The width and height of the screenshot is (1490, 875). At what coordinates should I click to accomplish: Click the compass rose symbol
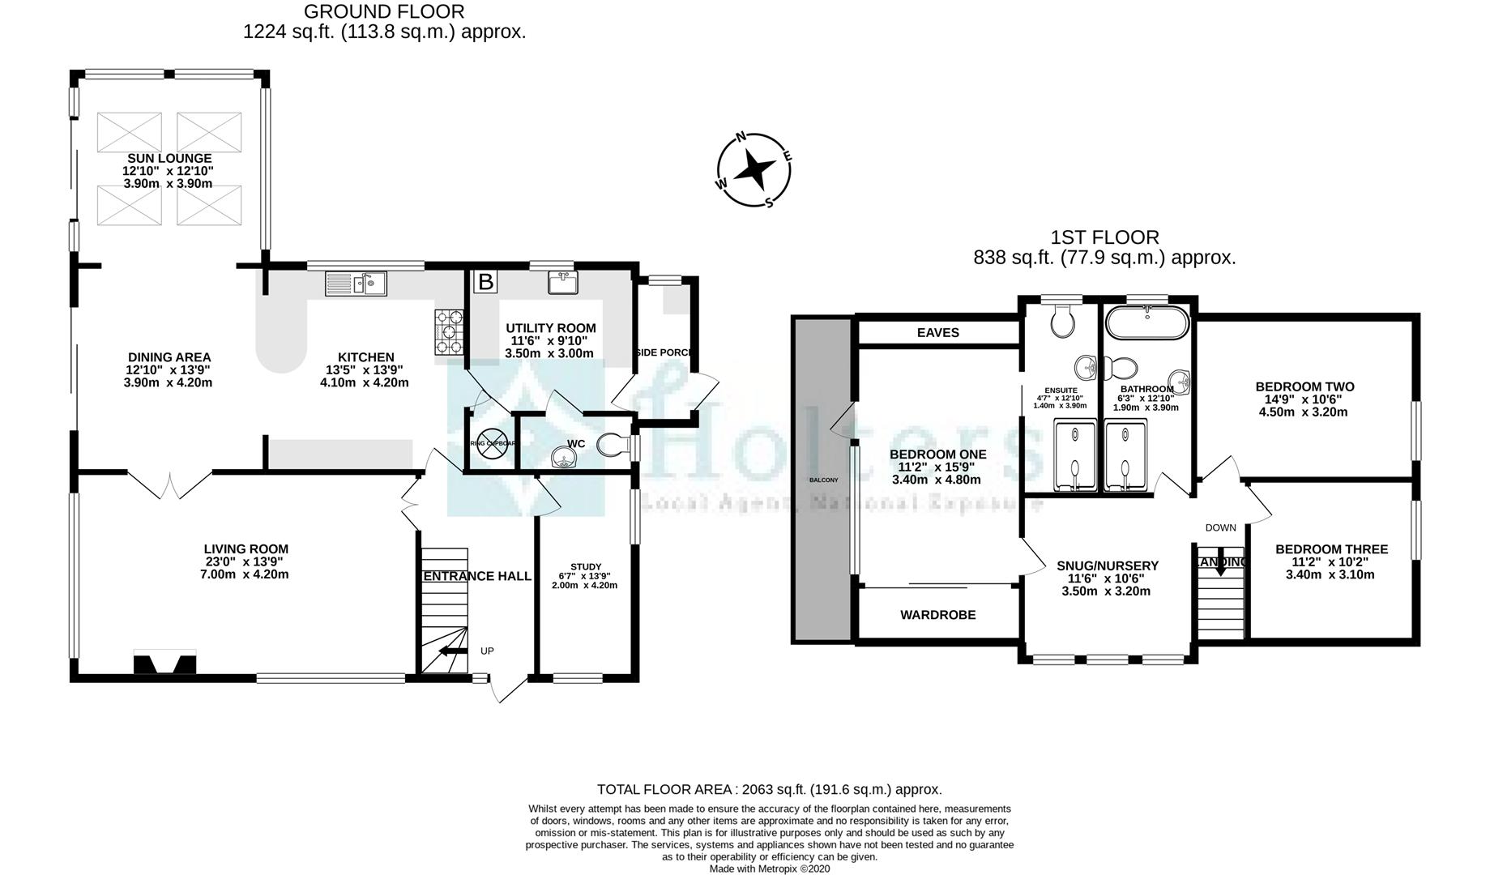[754, 171]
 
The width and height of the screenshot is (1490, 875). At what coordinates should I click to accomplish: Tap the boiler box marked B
[485, 282]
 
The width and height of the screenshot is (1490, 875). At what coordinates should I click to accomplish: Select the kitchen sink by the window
[356, 284]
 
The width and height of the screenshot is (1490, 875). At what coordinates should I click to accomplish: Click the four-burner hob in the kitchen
[450, 332]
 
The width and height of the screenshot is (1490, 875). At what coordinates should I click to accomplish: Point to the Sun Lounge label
[169, 159]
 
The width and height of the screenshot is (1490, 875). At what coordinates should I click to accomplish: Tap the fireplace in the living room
[164, 663]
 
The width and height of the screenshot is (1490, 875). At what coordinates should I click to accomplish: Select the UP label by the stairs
[487, 651]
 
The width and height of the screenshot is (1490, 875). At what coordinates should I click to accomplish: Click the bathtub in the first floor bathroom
[1147, 323]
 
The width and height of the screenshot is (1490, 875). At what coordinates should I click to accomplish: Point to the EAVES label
[937, 332]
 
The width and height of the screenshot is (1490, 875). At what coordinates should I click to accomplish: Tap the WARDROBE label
[937, 615]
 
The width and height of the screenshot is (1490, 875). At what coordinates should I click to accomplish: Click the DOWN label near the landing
[1220, 527]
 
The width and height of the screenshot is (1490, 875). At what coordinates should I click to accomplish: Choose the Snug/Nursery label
[1107, 566]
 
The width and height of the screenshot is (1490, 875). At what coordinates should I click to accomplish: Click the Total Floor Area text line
[769, 789]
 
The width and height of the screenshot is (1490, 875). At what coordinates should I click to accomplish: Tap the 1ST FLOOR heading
[1104, 237]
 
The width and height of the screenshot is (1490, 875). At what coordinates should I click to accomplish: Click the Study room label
[585, 566]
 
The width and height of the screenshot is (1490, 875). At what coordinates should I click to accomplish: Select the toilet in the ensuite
[1062, 322]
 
